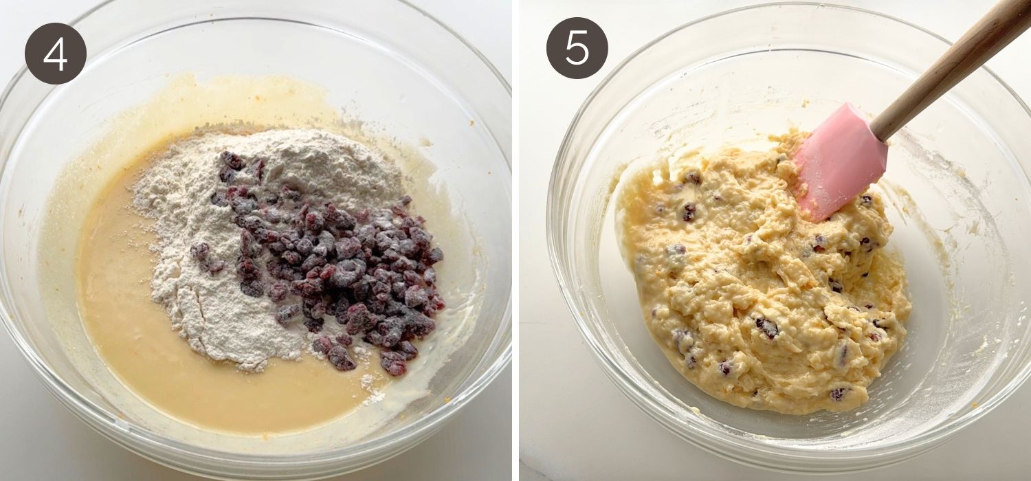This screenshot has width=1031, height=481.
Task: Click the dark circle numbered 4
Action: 55,54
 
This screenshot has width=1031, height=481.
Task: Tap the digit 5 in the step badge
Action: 577,48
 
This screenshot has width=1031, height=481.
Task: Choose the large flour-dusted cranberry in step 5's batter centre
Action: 767,328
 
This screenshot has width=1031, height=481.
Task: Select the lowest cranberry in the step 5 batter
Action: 839,394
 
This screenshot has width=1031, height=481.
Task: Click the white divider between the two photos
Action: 515,240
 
